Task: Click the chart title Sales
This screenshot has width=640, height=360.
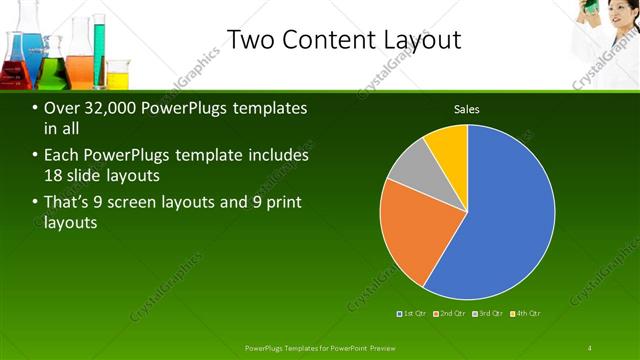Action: tap(467, 108)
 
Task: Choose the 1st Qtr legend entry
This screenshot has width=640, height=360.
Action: tap(413, 314)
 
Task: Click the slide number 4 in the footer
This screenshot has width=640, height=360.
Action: tap(590, 347)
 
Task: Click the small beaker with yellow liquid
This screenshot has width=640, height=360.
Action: tap(118, 75)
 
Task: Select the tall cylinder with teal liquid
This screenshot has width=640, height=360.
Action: tap(99, 50)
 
